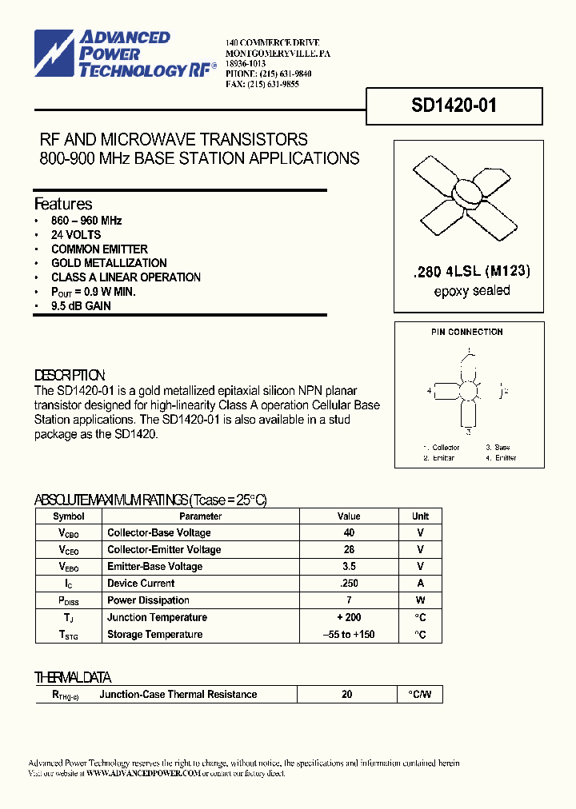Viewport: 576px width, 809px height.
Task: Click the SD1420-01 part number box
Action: [x=454, y=106]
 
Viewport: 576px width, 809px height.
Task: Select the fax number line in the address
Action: [x=262, y=84]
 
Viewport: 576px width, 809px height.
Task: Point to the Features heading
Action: [x=63, y=204]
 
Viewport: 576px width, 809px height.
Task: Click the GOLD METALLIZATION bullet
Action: [x=109, y=263]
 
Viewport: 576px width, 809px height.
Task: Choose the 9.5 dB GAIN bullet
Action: [x=81, y=306]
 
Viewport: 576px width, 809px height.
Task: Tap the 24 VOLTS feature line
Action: [x=76, y=234]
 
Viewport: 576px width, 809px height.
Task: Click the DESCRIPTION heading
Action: [x=70, y=375]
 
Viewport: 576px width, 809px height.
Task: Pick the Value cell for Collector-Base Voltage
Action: [x=349, y=532]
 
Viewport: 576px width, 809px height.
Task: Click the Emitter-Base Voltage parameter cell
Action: [x=154, y=567]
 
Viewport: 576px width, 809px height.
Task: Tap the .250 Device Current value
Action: [x=349, y=584]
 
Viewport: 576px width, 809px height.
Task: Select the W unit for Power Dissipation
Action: [x=421, y=600]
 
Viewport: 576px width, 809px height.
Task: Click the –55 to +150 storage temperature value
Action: [x=349, y=635]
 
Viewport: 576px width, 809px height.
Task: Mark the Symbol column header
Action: [x=68, y=516]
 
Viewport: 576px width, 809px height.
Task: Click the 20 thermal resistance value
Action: [x=347, y=695]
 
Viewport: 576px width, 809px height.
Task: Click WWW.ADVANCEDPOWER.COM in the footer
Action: [x=142, y=774]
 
